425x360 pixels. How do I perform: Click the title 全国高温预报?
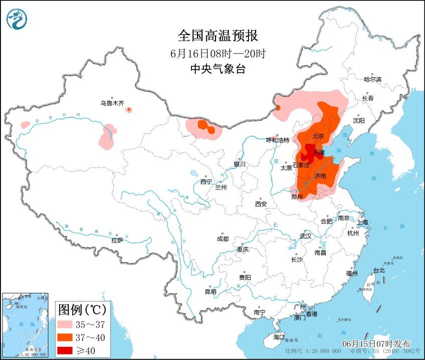point(218,36)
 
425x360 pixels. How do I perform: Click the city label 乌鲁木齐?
point(112,103)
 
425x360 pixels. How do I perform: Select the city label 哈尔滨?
point(372,79)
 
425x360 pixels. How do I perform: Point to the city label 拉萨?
point(117,241)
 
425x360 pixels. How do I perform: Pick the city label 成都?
point(223,239)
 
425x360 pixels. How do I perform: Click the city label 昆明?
point(210,292)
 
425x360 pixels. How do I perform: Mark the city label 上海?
point(362,222)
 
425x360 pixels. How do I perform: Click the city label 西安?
point(261,204)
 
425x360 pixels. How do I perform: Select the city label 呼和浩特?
point(278,140)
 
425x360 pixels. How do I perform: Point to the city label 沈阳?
point(359,121)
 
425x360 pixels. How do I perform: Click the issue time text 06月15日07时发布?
point(376,344)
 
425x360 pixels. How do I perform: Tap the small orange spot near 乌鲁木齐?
point(129,109)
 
